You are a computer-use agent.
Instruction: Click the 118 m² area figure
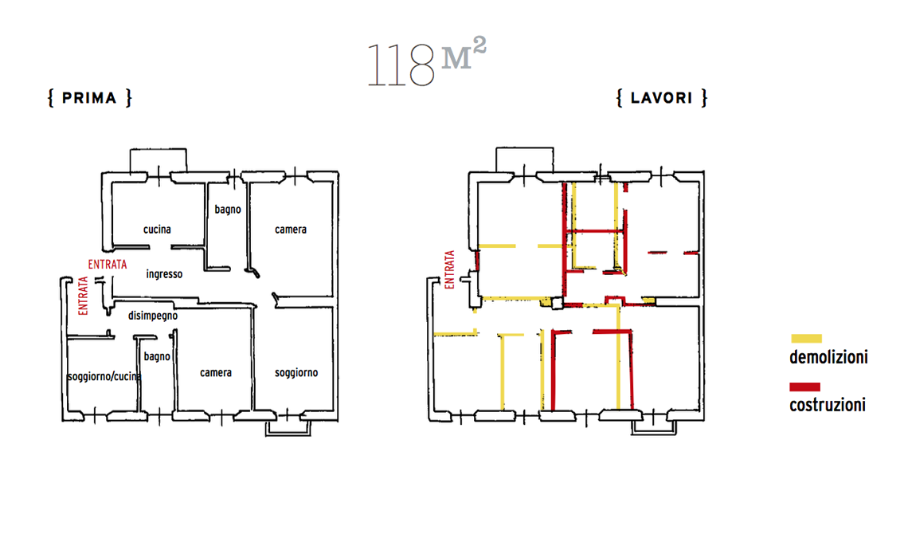pos(427,63)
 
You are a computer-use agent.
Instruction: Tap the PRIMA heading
pos(90,97)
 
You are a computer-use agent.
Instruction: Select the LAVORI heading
pos(662,97)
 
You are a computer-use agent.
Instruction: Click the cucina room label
pos(157,229)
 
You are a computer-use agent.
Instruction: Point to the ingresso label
pos(164,273)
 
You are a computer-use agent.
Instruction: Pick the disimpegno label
pos(153,316)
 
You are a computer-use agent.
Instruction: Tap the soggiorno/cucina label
pos(104,376)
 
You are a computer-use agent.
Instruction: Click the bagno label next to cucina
pos(228,210)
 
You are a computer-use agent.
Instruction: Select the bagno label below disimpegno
pos(157,356)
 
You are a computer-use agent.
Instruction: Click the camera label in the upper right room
pos(291,229)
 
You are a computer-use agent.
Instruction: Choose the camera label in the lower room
pos(216,372)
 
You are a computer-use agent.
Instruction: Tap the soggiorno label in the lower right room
pos(296,373)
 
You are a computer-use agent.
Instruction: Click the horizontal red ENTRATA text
pos(108,265)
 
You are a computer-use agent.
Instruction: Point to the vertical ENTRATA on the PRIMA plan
pos(84,296)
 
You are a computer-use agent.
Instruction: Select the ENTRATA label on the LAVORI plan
pos(450,269)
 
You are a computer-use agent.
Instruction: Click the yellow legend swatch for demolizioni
pos(806,339)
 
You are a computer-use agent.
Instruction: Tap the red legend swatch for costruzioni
pos(805,387)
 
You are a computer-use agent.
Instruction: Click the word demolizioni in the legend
pos(828,356)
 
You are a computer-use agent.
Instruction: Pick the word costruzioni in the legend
pos(828,405)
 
